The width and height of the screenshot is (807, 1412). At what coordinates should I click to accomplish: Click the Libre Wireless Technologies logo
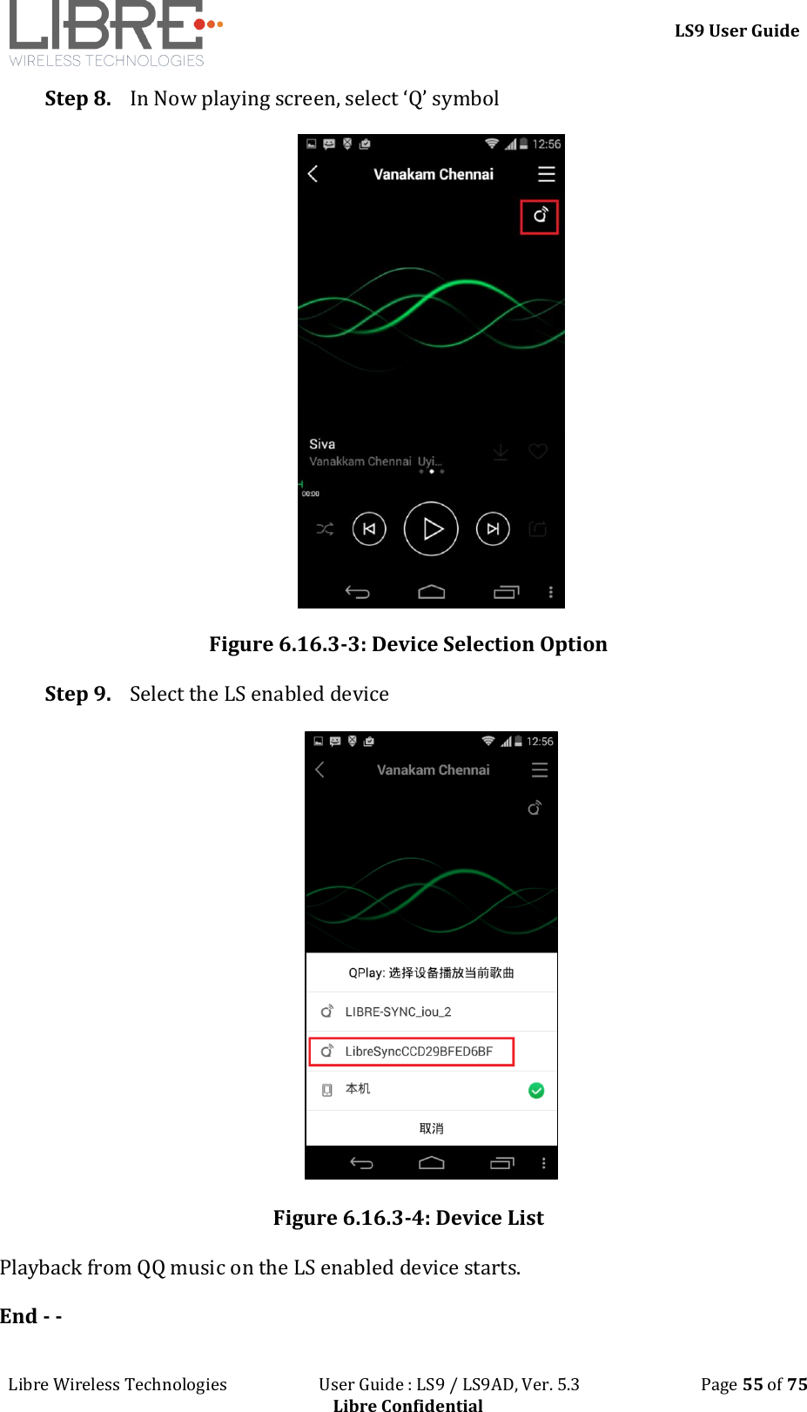[x=113, y=33]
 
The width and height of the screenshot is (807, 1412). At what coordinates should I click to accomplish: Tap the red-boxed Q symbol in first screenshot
[x=540, y=216]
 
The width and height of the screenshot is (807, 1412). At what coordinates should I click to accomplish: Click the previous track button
[x=369, y=528]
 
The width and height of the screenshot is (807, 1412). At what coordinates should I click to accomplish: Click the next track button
[x=493, y=528]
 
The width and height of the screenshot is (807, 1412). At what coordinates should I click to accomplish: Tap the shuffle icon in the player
[x=325, y=528]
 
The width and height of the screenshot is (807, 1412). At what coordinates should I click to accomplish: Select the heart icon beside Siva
[x=538, y=451]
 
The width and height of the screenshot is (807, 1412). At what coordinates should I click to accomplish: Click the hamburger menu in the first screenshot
[x=546, y=174]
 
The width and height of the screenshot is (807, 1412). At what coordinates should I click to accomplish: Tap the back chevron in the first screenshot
[x=313, y=174]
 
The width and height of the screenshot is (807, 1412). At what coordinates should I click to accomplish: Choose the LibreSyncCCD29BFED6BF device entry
[x=412, y=1051]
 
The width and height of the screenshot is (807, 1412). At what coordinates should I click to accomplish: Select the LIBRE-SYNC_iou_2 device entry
[x=398, y=1012]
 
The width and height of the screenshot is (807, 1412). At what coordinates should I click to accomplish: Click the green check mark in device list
[x=536, y=1091]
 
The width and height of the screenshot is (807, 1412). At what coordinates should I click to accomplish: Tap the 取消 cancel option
[x=431, y=1128]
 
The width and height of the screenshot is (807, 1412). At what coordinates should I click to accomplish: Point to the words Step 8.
[x=77, y=98]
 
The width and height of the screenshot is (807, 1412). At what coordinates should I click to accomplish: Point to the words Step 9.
[x=77, y=694]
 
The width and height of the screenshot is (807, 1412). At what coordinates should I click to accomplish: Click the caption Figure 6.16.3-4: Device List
[x=408, y=1218]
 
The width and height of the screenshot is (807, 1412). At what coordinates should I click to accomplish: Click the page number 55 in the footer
[x=752, y=1384]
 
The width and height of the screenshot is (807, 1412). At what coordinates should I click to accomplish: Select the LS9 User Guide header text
[x=736, y=30]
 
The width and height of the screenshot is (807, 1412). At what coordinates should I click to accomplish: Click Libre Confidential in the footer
[x=407, y=1404]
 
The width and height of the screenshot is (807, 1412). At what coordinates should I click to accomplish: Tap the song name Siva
[x=322, y=444]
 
